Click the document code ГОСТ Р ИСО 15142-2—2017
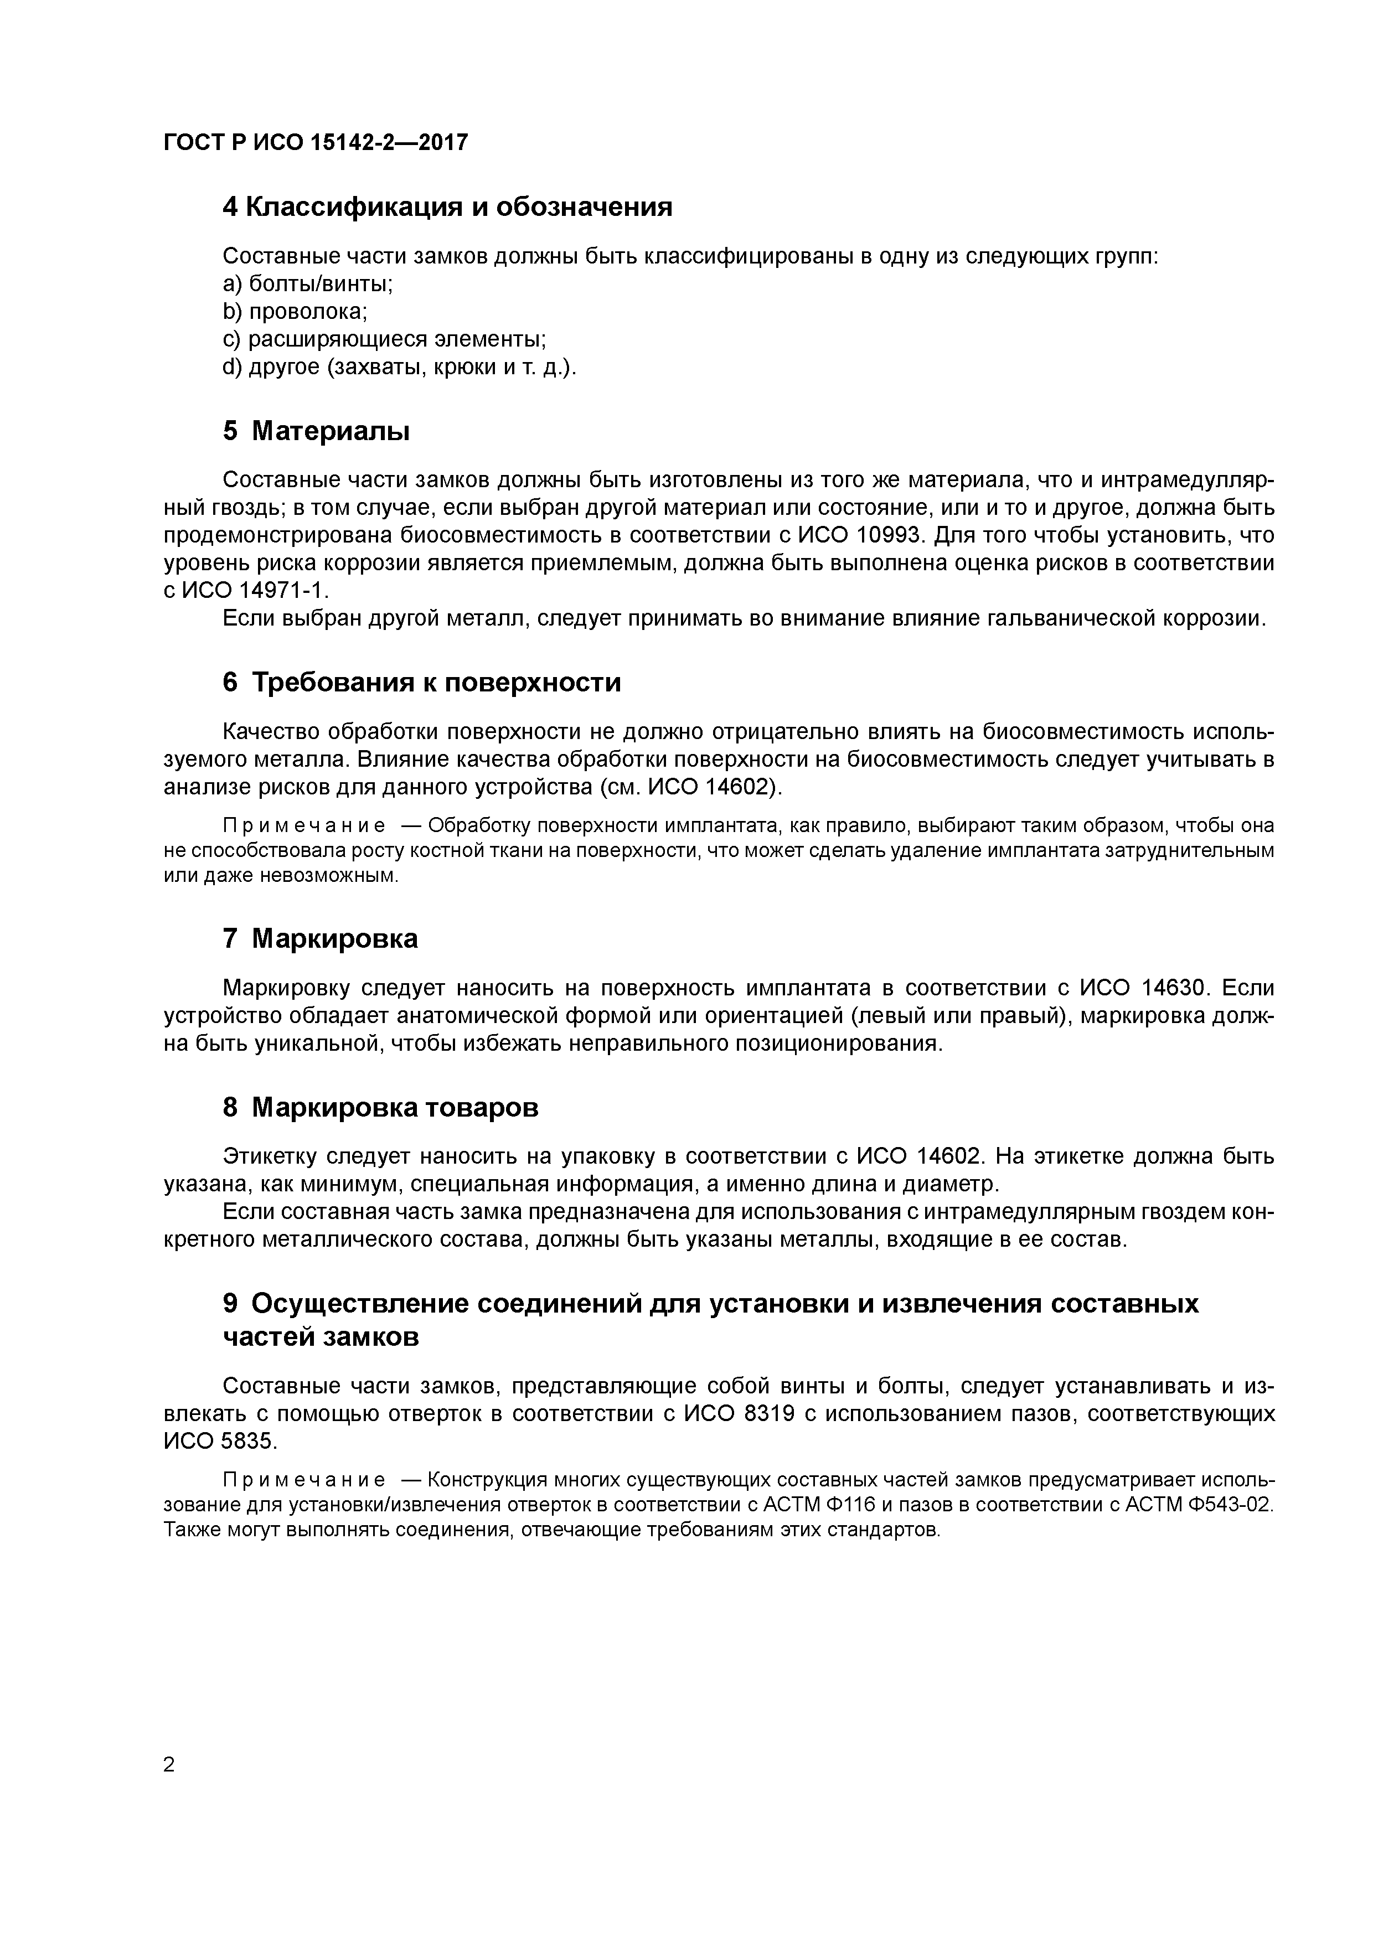point(314,143)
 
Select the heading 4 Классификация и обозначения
point(447,206)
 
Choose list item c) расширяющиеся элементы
point(384,339)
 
